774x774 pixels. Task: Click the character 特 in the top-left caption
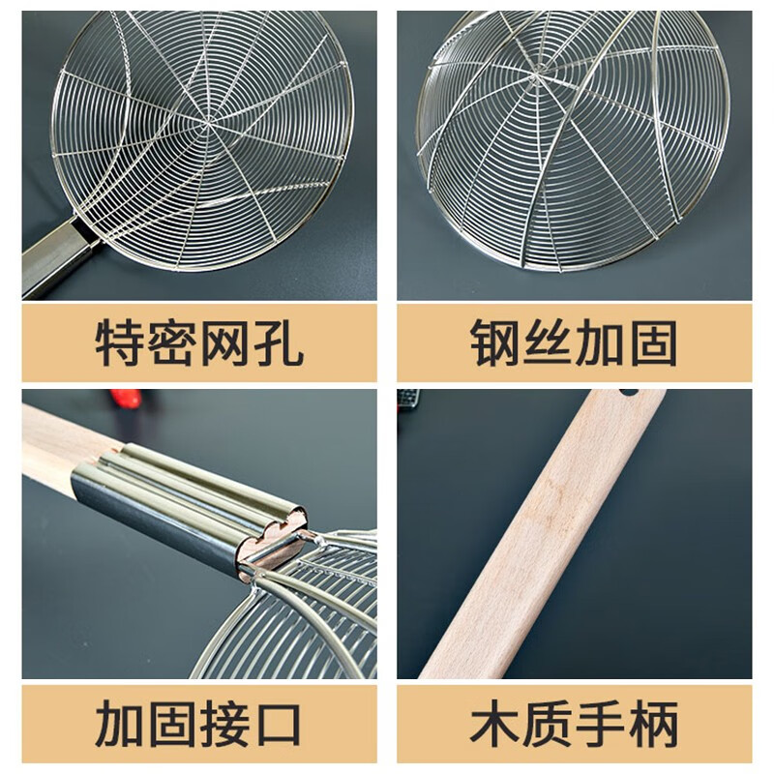[x=119, y=342]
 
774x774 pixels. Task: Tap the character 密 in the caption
[x=172, y=342]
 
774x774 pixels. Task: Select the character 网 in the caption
[x=225, y=342]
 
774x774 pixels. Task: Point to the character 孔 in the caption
[x=278, y=342]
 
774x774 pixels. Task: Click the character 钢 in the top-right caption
[x=494, y=342]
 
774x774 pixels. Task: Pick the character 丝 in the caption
[x=548, y=342]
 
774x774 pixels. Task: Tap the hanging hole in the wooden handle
[x=629, y=393]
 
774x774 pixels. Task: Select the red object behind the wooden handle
[x=127, y=399]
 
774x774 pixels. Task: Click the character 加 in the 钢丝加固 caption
[x=600, y=342]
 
